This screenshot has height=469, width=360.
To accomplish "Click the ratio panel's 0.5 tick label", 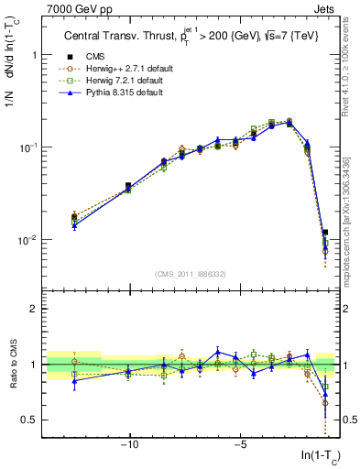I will (27, 420).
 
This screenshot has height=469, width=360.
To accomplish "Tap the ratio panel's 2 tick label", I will (32, 309).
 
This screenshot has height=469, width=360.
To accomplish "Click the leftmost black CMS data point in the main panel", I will (74, 217).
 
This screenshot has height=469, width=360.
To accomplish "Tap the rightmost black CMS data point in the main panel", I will (324, 233).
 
